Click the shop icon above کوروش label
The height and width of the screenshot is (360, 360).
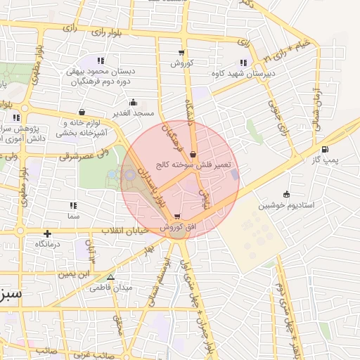[x=182, y=53]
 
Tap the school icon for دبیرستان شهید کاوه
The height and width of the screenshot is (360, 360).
[x=243, y=62]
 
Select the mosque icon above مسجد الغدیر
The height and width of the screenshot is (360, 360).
[x=133, y=103]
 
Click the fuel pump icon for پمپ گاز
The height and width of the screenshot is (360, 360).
[x=324, y=149]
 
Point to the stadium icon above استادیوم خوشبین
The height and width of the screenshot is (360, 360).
[x=286, y=194]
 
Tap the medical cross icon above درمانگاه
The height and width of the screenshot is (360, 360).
[x=47, y=233]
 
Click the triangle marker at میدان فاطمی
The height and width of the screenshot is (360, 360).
[x=110, y=277]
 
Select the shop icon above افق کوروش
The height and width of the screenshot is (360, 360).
[x=176, y=217]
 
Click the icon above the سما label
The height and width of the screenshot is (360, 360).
[x=72, y=205]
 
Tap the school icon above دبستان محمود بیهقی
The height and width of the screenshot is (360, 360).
[x=101, y=61]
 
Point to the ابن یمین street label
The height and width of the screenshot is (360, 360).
[x=75, y=272]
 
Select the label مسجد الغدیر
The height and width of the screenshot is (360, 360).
[x=133, y=113]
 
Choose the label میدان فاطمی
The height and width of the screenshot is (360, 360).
[x=110, y=288]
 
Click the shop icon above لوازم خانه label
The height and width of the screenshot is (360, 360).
[x=82, y=112]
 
